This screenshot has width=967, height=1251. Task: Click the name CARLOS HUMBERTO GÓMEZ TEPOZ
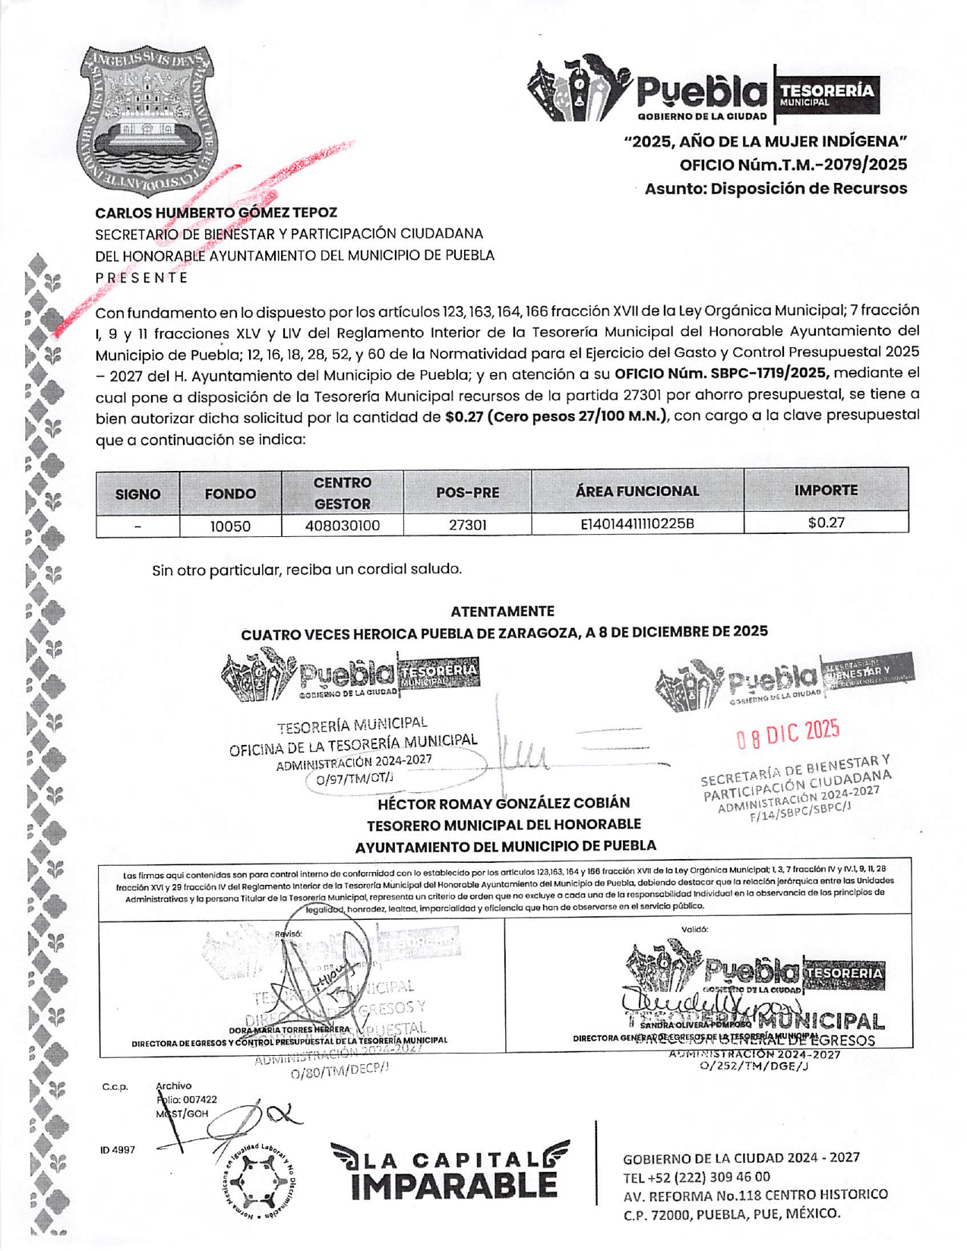coord(216,213)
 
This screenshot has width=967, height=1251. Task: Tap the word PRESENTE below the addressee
coord(141,277)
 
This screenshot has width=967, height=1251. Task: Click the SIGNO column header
coord(137,494)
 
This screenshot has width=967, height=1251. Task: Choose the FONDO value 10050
coord(230,526)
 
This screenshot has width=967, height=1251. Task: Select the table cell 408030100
coord(342,526)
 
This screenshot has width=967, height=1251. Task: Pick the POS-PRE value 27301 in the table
coord(467,525)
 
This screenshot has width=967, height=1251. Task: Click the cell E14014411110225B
coord(637,523)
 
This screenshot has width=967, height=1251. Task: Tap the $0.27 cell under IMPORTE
coord(826,523)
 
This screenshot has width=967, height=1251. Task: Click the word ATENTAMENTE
coord(502,611)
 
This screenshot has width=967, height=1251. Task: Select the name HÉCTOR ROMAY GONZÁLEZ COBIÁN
coord(504,803)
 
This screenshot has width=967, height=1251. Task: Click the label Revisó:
coord(289,934)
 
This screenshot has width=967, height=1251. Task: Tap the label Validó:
coord(694,929)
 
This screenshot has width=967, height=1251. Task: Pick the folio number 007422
coord(200,1099)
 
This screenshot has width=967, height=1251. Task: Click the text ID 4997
coord(118,1150)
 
